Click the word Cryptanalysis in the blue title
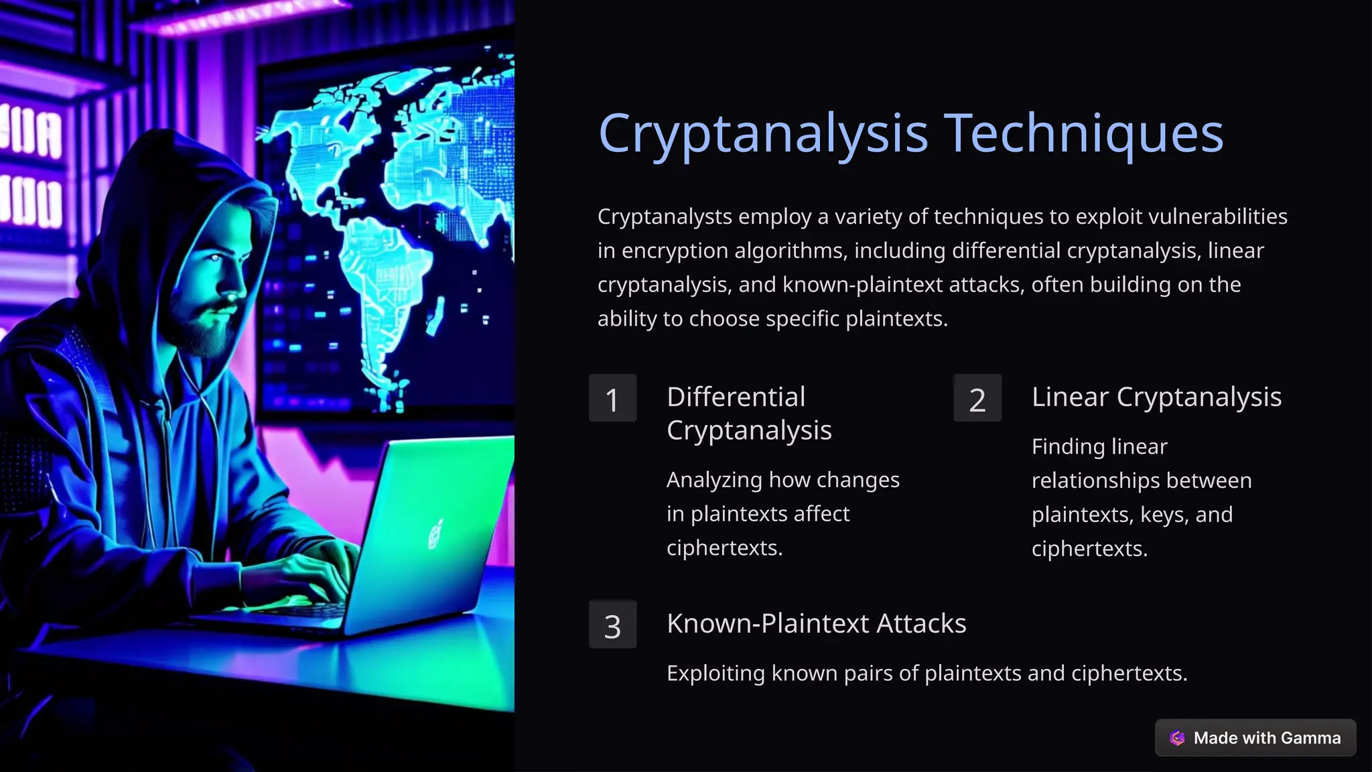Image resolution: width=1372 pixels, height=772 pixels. tap(763, 135)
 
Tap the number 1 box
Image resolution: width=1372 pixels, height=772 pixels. tap(612, 399)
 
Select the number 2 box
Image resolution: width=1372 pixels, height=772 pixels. tap(977, 399)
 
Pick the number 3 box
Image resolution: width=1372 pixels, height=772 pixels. tap(612, 625)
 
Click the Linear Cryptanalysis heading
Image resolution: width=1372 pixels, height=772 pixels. tap(1156, 397)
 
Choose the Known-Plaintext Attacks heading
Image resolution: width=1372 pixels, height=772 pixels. tap(816, 623)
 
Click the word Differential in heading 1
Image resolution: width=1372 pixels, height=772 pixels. tap(736, 397)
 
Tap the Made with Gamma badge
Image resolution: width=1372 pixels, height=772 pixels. tap(1255, 738)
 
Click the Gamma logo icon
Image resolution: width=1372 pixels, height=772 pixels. tap(1177, 738)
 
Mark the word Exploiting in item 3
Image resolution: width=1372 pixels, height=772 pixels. tap(715, 673)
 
